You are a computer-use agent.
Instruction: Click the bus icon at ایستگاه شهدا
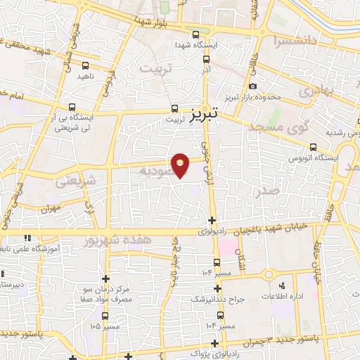click(x=196, y=33)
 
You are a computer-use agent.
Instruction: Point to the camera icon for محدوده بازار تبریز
click(x=252, y=86)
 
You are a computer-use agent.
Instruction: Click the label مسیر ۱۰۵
click(x=105, y=326)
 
